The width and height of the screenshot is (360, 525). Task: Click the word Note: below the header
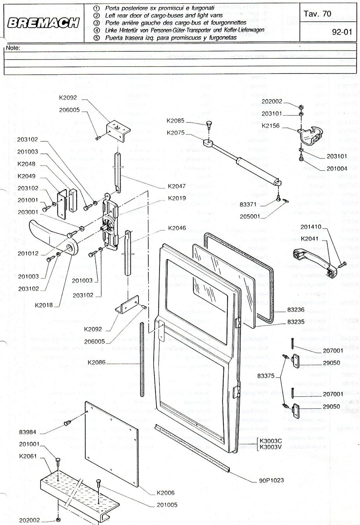[x=13, y=48]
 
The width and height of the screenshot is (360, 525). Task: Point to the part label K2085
[x=176, y=121]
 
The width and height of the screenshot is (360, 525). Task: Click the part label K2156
[x=271, y=126]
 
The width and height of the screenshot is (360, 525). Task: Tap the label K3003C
[x=271, y=441]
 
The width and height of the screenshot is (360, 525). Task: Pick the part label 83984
[x=27, y=432]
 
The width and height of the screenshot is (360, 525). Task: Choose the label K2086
[x=97, y=362]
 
